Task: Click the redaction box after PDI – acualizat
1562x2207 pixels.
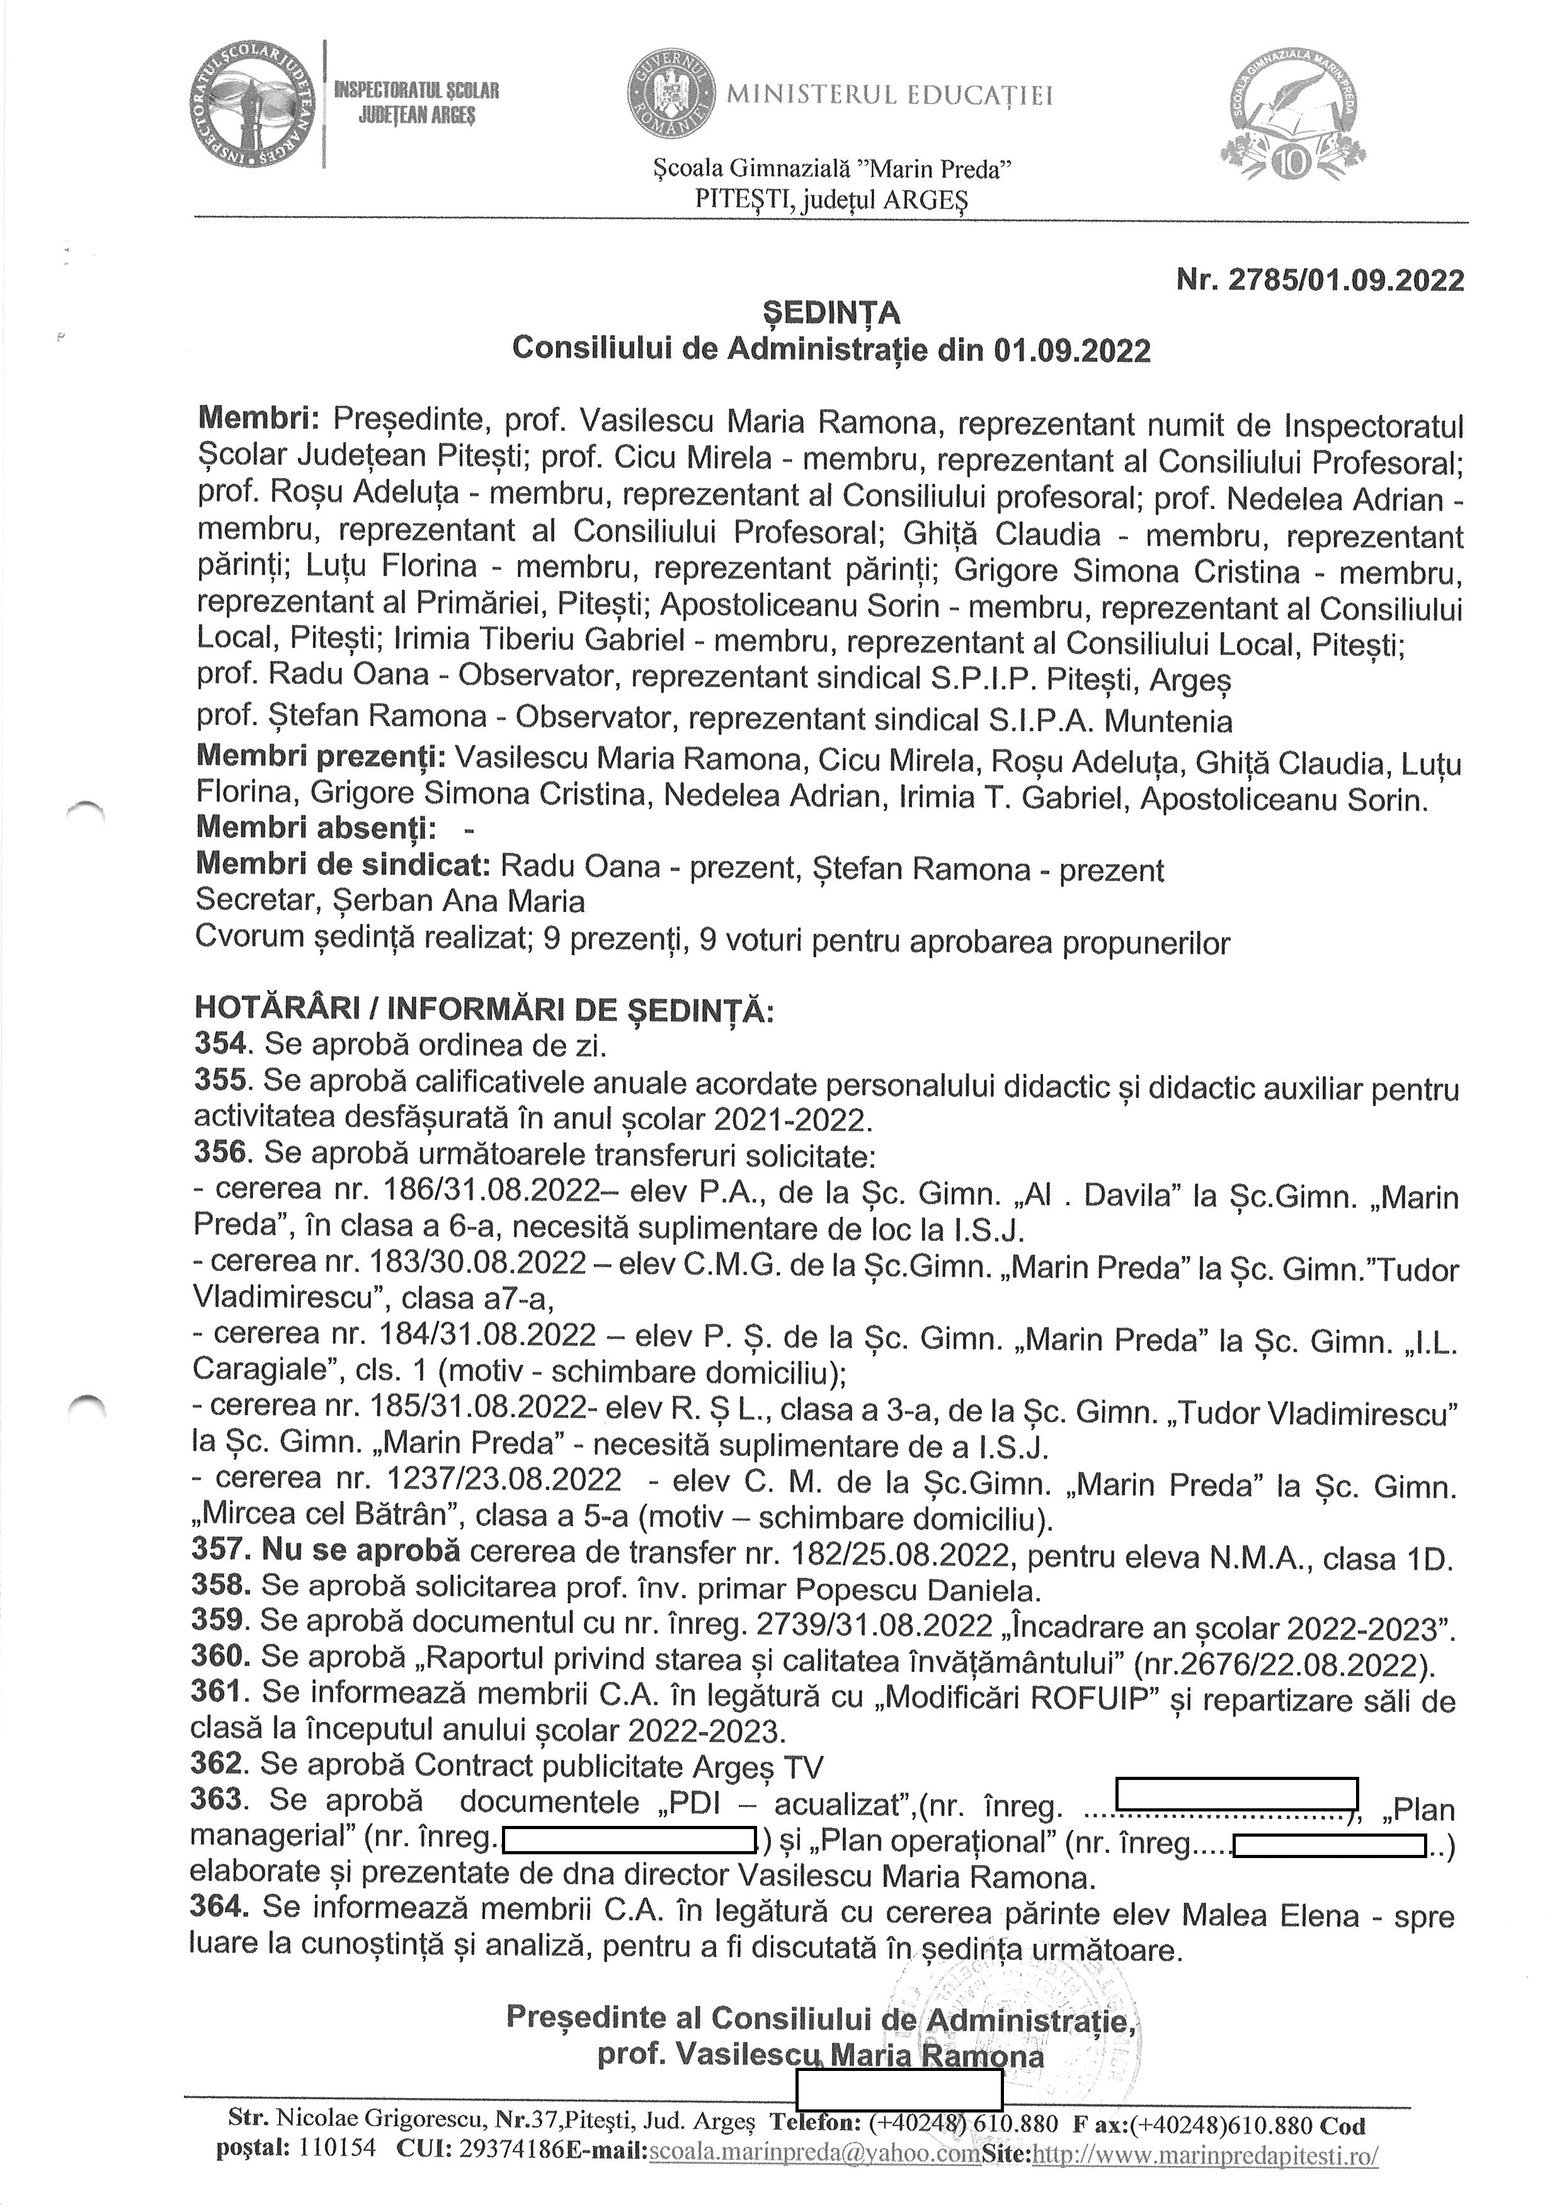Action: (1236, 1794)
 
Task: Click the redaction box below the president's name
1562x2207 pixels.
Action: (899, 2089)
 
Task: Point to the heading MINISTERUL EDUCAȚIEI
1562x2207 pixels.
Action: (890, 95)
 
